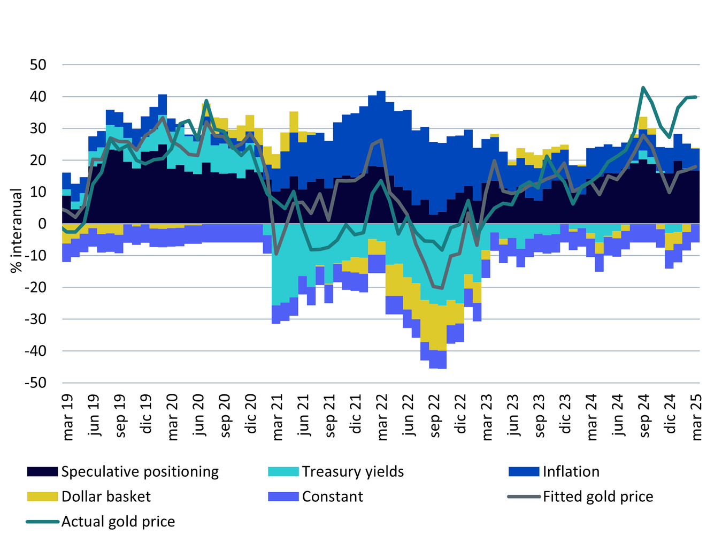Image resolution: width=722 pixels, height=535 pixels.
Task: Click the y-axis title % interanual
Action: click(x=17, y=230)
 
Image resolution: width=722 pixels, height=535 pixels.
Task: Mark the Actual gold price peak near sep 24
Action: click(x=643, y=87)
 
